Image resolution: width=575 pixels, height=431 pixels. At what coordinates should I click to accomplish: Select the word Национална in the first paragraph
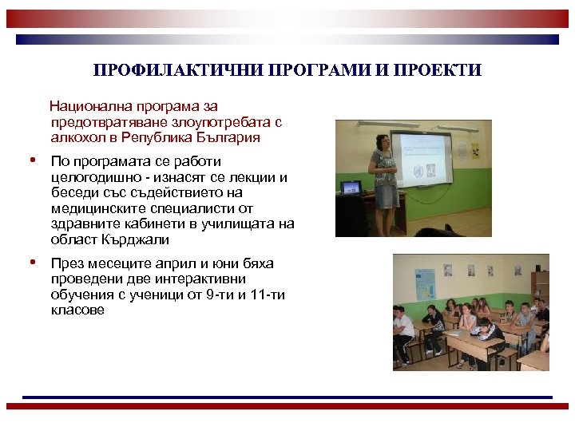(86, 106)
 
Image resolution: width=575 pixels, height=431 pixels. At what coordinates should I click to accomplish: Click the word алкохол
(75, 137)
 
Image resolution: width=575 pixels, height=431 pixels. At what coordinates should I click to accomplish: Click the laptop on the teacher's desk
(351, 188)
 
